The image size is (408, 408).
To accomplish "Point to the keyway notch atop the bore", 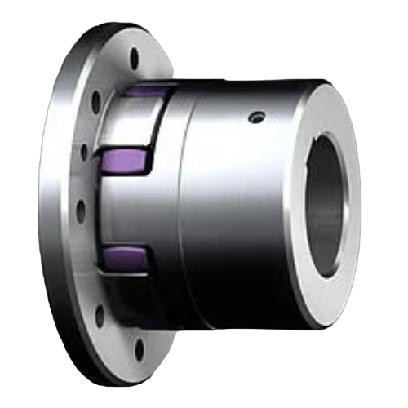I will (326, 140).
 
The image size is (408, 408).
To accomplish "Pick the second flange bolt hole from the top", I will (95, 102).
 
